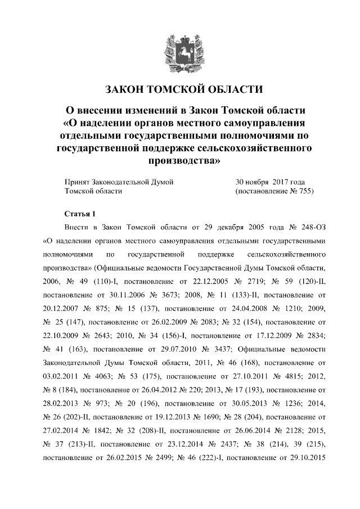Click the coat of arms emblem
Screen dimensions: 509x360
179,50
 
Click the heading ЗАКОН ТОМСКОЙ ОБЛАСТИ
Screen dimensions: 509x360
184,89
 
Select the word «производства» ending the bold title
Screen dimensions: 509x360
184,161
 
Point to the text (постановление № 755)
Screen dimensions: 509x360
274,191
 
